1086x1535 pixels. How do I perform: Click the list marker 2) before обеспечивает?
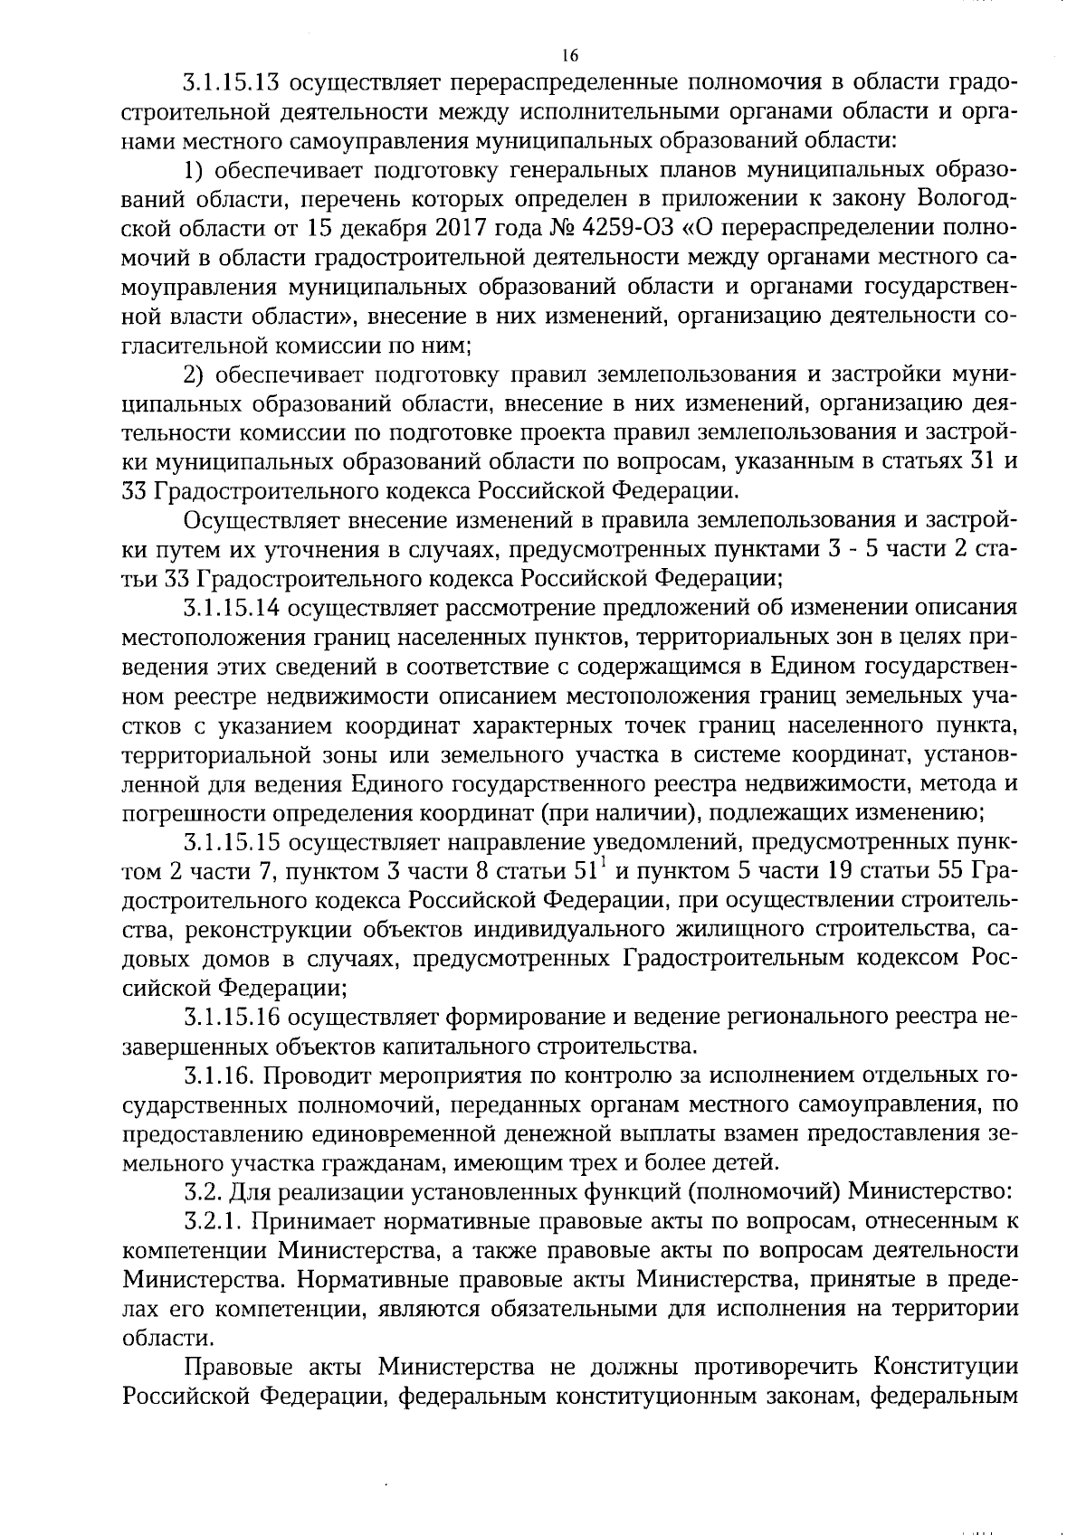tap(196, 375)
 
